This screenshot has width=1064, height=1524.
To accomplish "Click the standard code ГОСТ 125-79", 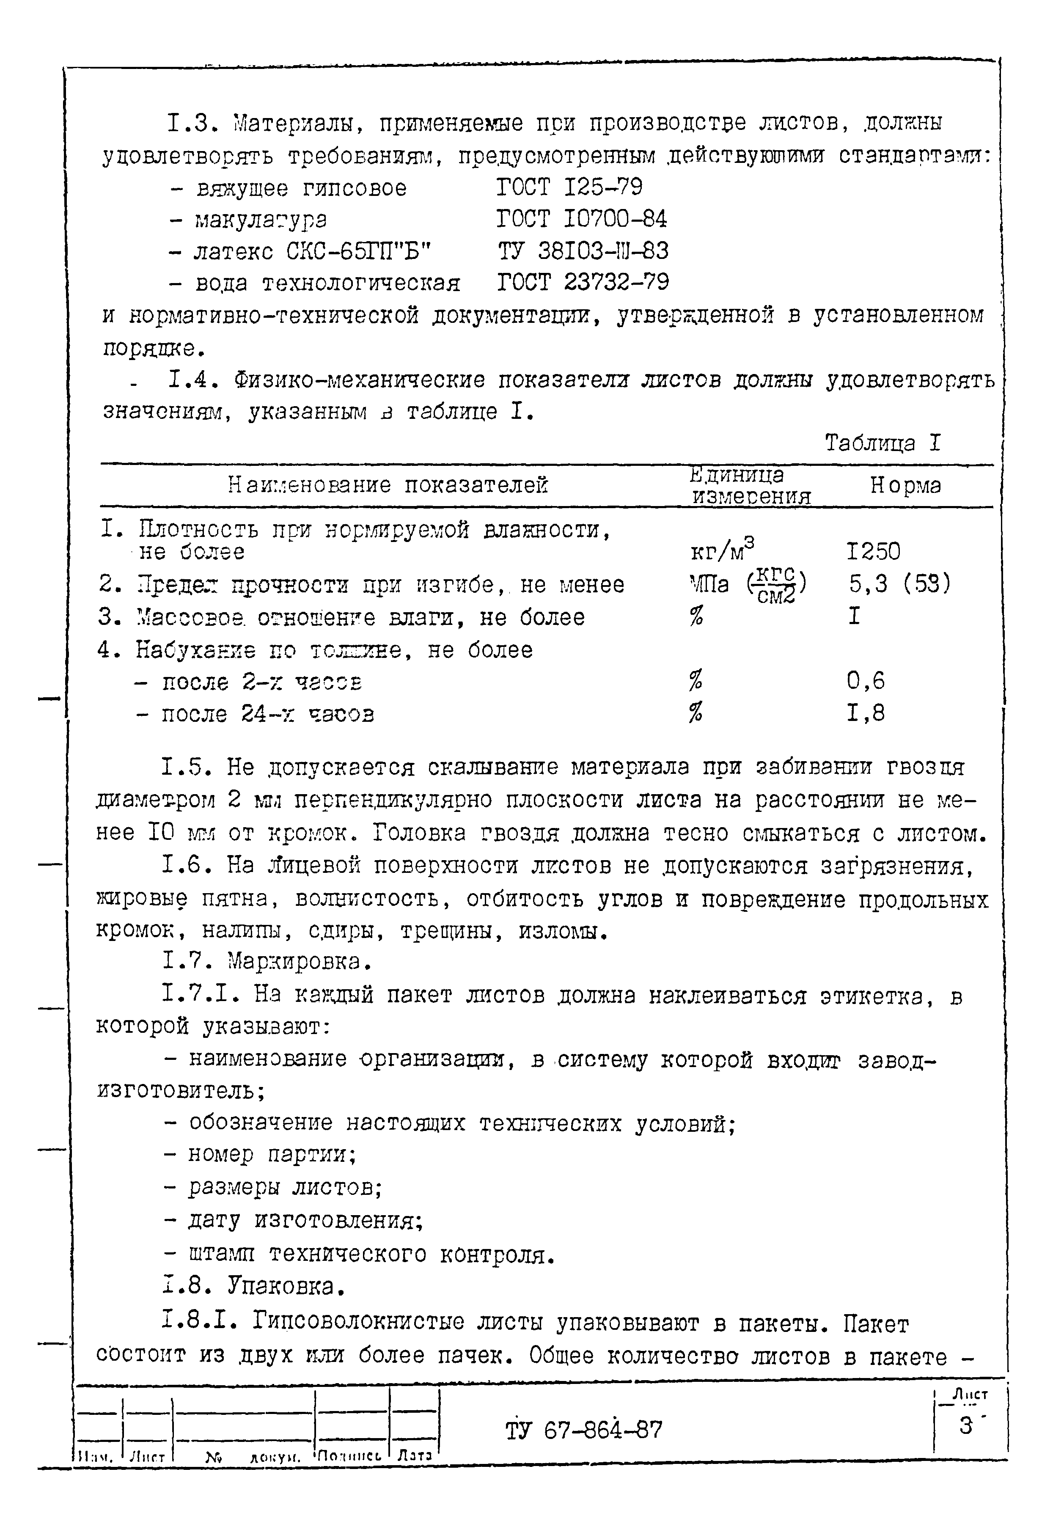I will pyautogui.click(x=569, y=188).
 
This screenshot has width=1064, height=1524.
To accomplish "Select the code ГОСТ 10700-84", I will pyautogui.click(x=581, y=219).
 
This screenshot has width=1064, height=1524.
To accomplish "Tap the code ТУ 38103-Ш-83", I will pyautogui.click(x=583, y=251).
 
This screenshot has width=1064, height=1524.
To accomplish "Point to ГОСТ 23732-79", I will pyautogui.click(x=583, y=283).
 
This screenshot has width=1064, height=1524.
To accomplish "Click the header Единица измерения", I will pyautogui.click(x=750, y=486).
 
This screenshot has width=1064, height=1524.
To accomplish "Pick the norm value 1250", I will pyautogui.click(x=874, y=552).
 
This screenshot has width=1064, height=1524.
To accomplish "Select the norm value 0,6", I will pyautogui.click(x=866, y=681).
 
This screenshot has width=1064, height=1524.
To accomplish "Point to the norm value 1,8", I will pyautogui.click(x=866, y=713).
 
